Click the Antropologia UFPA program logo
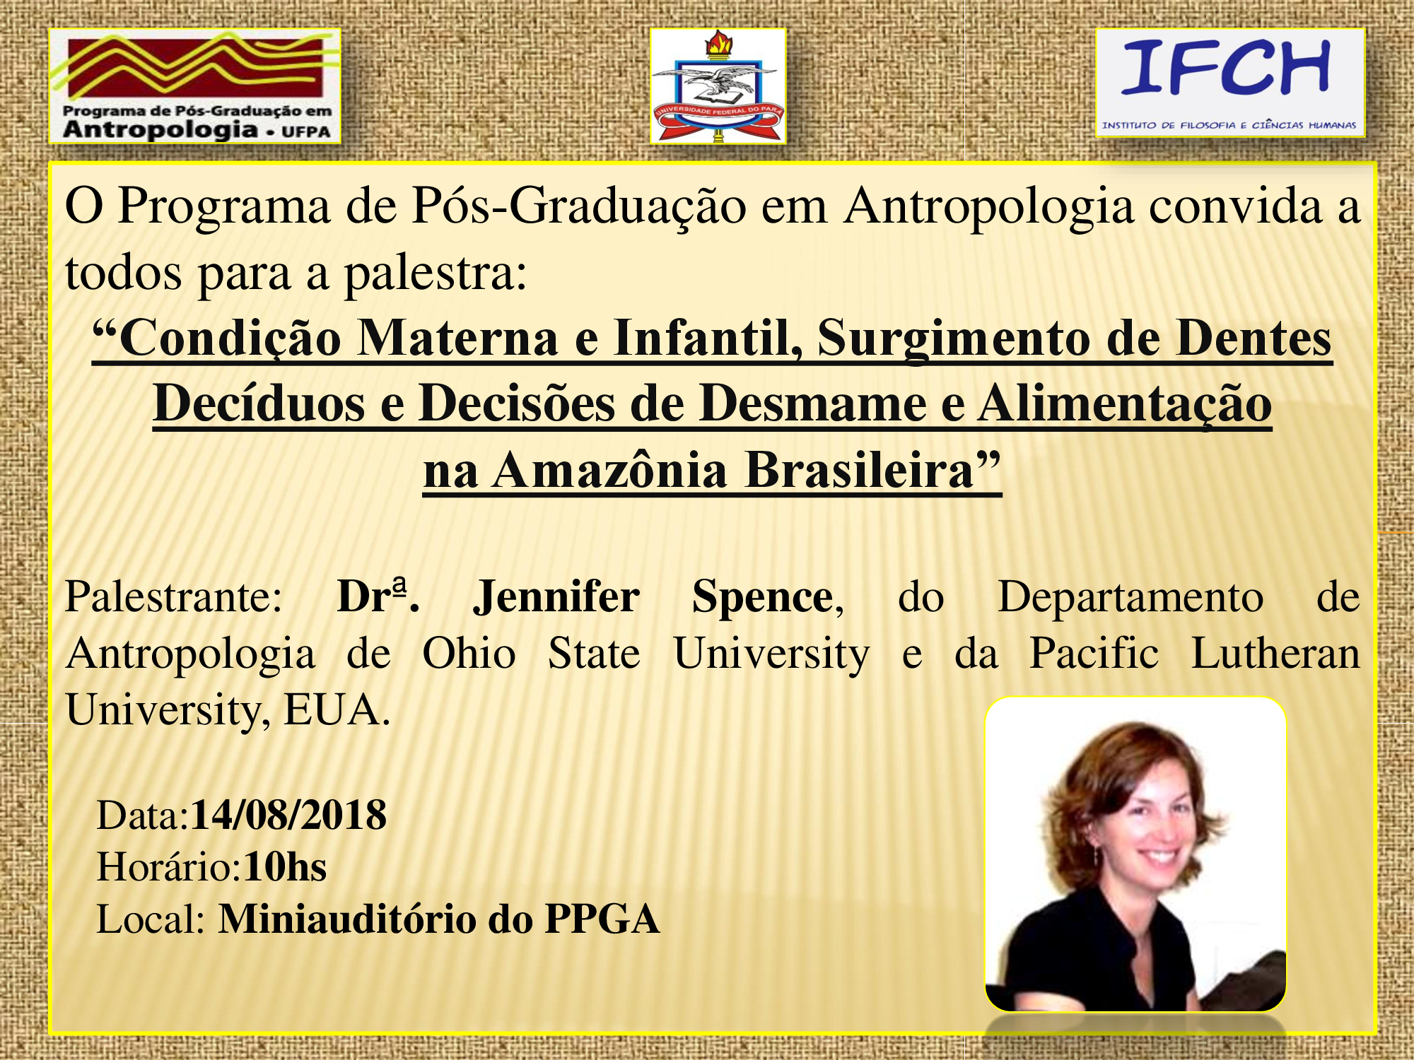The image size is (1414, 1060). (195, 86)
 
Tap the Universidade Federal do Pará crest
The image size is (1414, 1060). (718, 86)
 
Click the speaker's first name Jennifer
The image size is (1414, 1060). (556, 597)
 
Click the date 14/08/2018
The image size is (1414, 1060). (288, 815)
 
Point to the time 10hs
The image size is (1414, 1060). (285, 867)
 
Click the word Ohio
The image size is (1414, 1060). (469, 654)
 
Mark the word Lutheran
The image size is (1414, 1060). (1275, 654)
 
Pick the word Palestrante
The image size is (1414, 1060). (173, 597)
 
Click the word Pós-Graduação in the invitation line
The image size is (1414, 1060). (579, 207)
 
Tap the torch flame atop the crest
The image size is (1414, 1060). (718, 44)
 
